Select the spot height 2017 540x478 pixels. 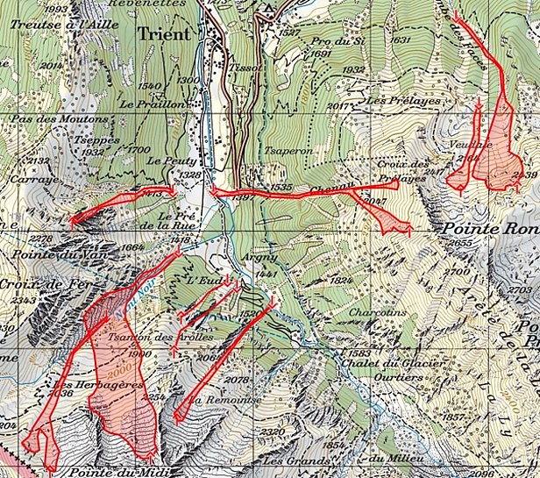pos(337,106)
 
